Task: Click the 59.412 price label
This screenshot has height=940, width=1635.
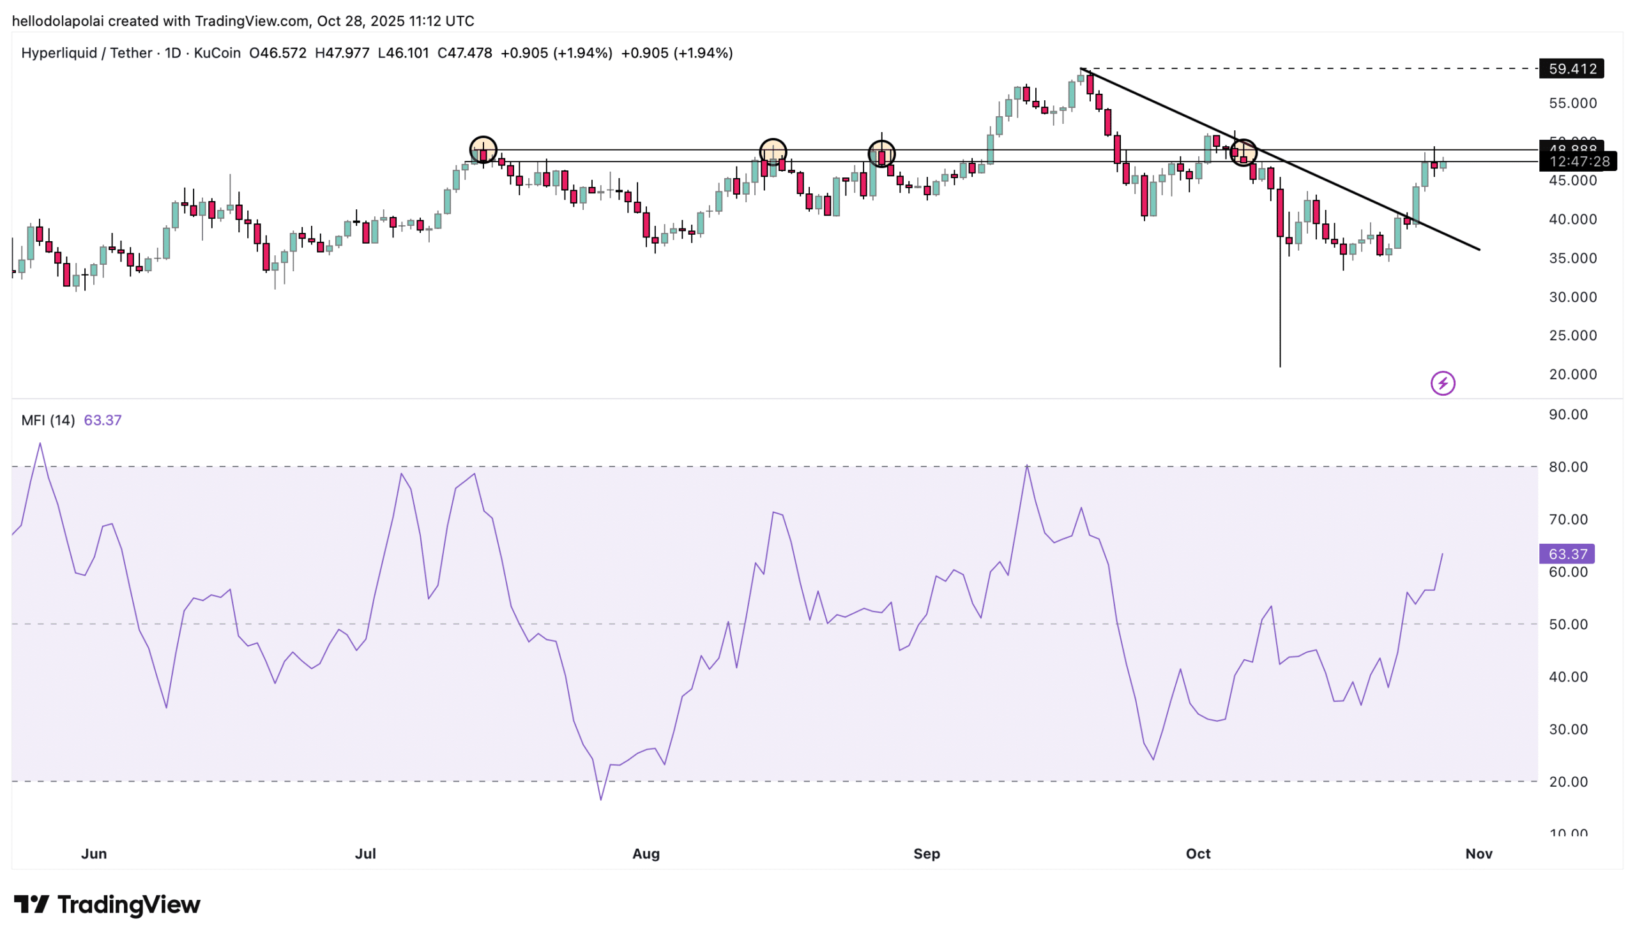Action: point(1571,68)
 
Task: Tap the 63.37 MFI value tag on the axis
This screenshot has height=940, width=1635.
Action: point(1567,554)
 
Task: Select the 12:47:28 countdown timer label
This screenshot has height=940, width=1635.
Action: point(1578,161)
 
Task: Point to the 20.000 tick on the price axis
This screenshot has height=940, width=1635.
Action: point(1572,375)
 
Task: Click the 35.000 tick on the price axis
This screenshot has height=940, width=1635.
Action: point(1572,258)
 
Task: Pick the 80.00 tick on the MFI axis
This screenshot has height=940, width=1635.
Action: point(1568,466)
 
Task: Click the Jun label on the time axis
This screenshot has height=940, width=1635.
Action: point(94,853)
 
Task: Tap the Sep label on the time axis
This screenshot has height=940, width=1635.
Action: point(926,853)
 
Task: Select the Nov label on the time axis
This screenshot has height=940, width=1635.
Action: point(1478,853)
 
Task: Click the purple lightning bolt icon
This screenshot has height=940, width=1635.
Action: point(1443,384)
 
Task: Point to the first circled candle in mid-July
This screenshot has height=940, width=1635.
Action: point(483,151)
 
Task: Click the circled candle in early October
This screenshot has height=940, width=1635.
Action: point(1243,153)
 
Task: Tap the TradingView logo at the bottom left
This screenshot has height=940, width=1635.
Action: point(107,904)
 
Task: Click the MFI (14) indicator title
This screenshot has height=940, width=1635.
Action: point(48,421)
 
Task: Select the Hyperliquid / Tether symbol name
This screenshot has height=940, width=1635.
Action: point(87,53)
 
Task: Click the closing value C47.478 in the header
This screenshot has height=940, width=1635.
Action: point(464,53)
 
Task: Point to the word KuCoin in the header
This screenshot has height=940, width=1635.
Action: point(217,53)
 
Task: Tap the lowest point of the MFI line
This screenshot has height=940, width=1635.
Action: point(601,800)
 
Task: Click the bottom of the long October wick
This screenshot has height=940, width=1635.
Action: point(1280,366)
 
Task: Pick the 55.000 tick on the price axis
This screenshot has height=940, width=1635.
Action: point(1572,103)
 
